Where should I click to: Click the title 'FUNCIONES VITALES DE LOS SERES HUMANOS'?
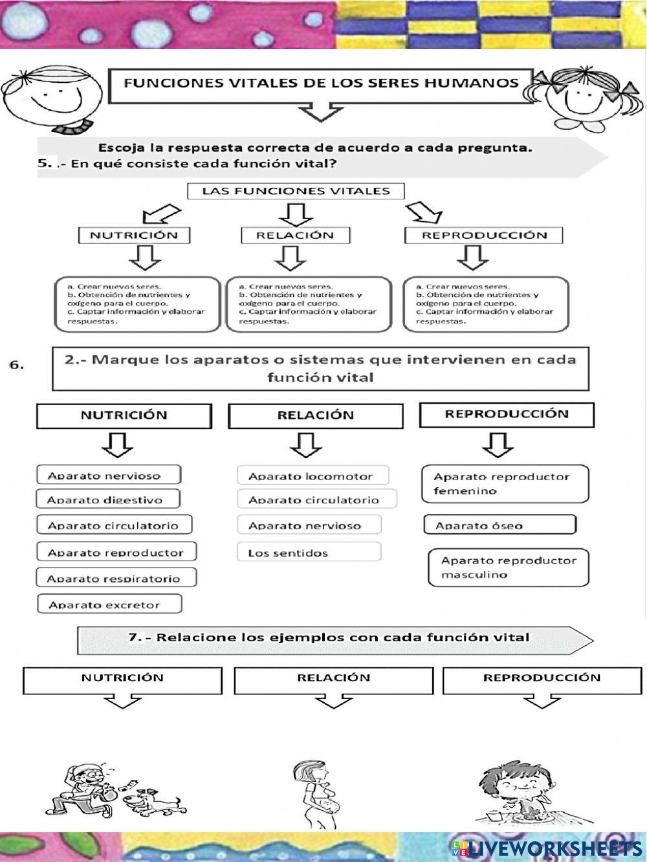[321, 83]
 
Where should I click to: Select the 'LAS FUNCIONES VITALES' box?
[296, 191]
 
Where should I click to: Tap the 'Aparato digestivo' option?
[107, 500]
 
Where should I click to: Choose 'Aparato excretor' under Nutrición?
[109, 604]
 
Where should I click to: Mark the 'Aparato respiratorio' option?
[116, 578]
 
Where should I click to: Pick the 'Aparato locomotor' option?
[313, 476]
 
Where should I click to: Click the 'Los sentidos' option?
[309, 553]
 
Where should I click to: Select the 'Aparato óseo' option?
[499, 525]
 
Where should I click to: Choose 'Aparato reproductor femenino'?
[505, 483]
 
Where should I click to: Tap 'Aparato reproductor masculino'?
[509, 568]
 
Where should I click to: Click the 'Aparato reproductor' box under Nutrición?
[116, 552]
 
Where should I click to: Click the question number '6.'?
[17, 365]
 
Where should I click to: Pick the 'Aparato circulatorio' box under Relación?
[317, 499]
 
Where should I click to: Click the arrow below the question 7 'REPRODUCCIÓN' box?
[542, 702]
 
